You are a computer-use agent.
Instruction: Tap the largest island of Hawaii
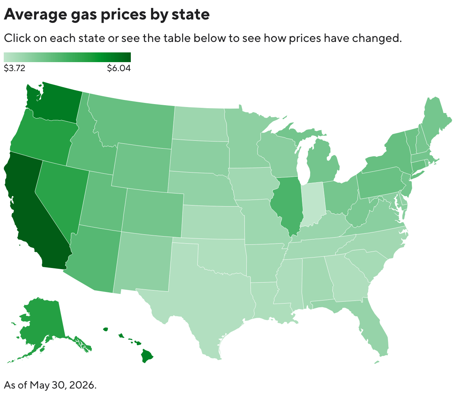(147, 356)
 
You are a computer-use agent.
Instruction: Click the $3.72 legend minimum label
(15, 68)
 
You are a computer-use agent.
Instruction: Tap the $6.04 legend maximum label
(119, 68)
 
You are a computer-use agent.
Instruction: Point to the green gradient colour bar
(67, 57)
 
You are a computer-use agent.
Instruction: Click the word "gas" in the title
(84, 15)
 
